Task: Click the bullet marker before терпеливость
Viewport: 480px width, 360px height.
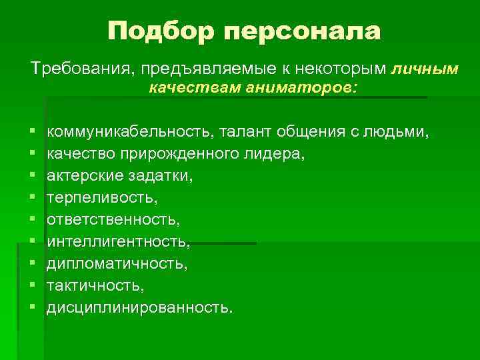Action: click(32, 199)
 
